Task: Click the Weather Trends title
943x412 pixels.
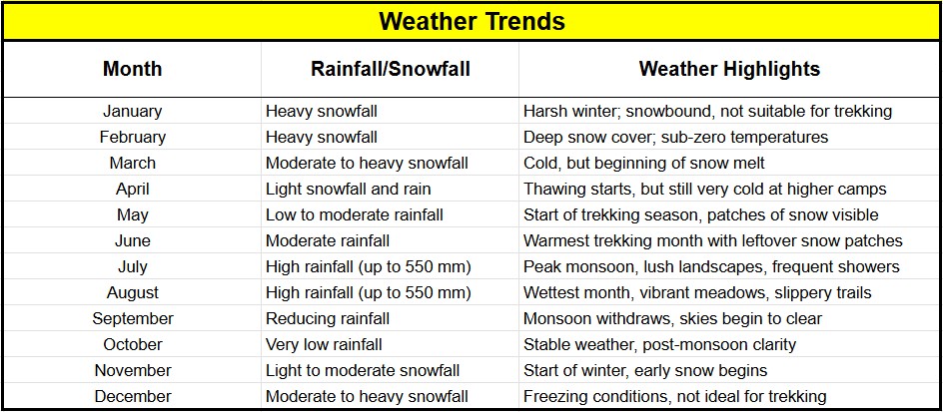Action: tap(472, 22)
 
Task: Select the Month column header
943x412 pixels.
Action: tap(132, 69)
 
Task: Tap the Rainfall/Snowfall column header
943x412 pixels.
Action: tap(391, 69)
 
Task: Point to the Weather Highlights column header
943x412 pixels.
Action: tap(729, 69)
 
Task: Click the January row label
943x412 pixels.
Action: tap(132, 111)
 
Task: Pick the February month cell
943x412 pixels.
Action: tap(132, 137)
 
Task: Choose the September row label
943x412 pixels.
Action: tap(132, 318)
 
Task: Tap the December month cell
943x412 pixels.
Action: tap(132, 396)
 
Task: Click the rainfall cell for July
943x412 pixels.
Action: tap(369, 266)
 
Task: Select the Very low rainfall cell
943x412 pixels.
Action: tap(324, 345)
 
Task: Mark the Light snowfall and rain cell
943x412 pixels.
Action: tap(349, 190)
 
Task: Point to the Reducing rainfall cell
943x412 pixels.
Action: tap(328, 318)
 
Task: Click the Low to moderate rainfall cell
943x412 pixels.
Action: tap(355, 215)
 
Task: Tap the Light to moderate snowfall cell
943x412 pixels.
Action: tap(363, 370)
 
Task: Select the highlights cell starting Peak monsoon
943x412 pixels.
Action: tap(711, 266)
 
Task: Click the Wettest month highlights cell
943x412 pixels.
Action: tap(697, 293)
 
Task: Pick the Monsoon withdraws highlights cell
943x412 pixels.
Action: tap(672, 318)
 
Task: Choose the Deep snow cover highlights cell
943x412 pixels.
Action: tap(676, 137)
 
